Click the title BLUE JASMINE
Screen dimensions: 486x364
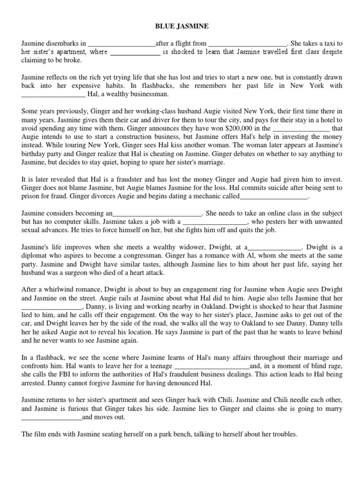182,27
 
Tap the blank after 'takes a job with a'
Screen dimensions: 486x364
215,222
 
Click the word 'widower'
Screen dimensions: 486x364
173,247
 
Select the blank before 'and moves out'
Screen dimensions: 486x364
52,418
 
